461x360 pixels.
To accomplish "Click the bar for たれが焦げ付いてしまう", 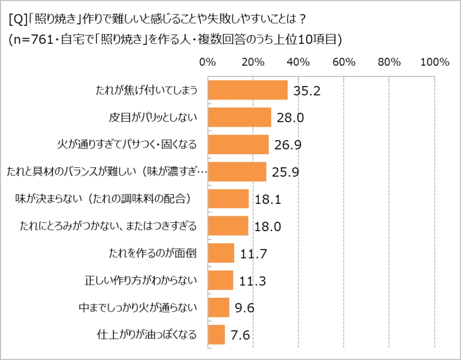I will tap(248, 90).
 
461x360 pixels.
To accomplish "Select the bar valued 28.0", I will tap(239, 118).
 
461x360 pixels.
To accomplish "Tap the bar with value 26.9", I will tap(238, 145).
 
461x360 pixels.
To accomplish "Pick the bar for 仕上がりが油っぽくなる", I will tap(216, 334).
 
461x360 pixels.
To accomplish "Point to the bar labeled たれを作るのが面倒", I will tap(221, 253).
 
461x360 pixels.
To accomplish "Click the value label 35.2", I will tap(307, 91).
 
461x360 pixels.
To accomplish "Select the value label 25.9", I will tap(286, 172).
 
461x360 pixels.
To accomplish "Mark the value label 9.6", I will tap(245, 307).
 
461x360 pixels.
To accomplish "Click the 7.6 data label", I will tap(240, 335).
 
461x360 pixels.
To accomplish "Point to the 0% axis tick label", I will tap(208, 63).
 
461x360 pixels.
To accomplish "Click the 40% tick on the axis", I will tap(298, 63).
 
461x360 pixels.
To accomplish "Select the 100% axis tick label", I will tap(435, 63).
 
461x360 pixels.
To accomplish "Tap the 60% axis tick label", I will tap(343, 63).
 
